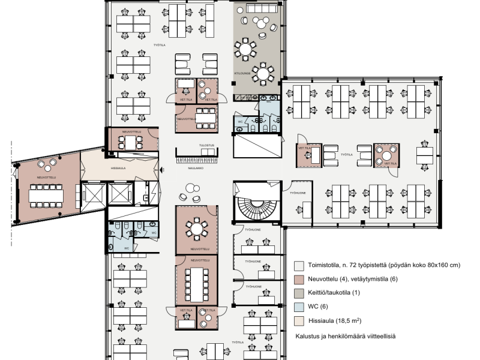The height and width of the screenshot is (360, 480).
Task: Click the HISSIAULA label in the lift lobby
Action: click(x=118, y=169)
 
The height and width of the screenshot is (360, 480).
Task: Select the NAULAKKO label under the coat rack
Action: click(x=193, y=169)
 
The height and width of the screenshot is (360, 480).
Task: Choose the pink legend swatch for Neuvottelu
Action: click(x=298, y=279)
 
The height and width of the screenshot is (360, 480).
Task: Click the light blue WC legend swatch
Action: click(x=298, y=307)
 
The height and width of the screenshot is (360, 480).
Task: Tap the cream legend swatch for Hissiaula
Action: click(x=298, y=320)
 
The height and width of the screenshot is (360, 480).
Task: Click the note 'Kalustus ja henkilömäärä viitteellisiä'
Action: click(x=345, y=337)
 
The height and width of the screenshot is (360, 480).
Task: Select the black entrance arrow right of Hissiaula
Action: click(x=161, y=170)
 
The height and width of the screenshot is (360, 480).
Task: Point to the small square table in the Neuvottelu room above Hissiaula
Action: click(x=130, y=142)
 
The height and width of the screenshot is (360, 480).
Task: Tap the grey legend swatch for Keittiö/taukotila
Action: click(x=298, y=293)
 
